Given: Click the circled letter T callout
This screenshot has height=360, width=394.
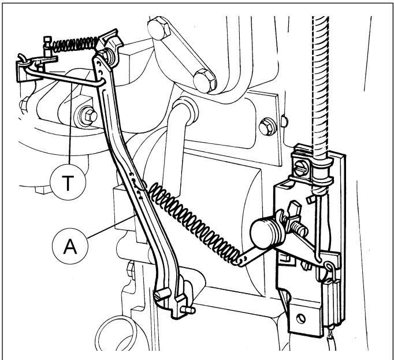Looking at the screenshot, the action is click(x=68, y=182).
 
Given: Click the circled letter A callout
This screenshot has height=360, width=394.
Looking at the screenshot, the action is click(x=70, y=246).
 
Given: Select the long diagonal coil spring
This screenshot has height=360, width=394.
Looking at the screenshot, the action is click(x=194, y=223).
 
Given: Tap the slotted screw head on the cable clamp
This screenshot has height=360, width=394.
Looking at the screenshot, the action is click(x=300, y=168).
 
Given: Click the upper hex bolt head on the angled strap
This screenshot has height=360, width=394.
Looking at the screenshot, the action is click(x=159, y=28).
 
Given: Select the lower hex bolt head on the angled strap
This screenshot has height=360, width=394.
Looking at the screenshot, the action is click(x=205, y=81).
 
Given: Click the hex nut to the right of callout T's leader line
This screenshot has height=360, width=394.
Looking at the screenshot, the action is click(x=87, y=116).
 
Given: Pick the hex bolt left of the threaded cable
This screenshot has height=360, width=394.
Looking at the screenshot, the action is click(x=267, y=127).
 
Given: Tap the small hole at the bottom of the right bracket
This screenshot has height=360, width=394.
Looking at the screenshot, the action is click(x=301, y=319).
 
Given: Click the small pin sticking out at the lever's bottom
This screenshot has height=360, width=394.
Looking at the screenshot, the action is click(x=189, y=310).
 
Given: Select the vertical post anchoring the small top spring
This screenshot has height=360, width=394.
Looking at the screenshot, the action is click(x=47, y=46).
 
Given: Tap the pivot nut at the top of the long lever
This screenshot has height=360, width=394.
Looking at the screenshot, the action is click(x=109, y=57).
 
